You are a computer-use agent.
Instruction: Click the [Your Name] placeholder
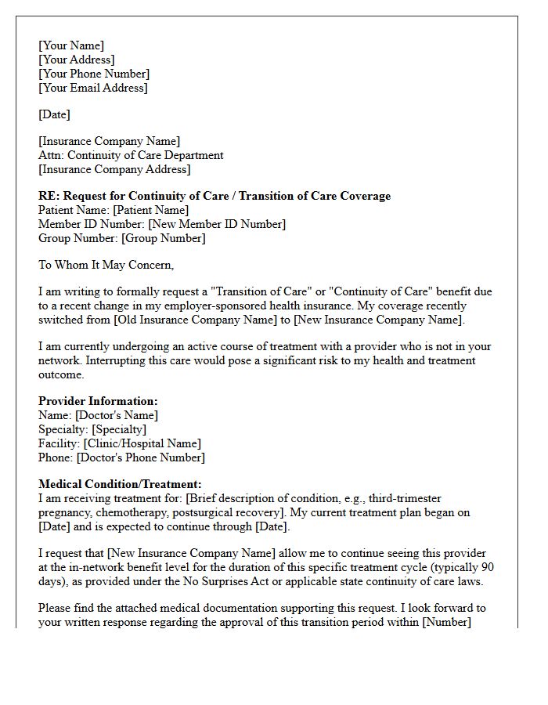tap(71, 45)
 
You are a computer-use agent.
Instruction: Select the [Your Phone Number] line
tap(94, 74)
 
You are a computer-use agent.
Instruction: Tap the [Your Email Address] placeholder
tap(92, 88)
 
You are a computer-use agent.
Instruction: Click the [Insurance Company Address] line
tap(114, 169)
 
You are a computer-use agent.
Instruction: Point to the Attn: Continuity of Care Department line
tap(131, 155)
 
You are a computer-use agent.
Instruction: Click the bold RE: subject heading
tap(215, 196)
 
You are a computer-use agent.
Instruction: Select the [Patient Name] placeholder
tap(151, 210)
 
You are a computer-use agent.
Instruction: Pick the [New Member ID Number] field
tap(217, 224)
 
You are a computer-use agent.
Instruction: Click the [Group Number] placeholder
tap(164, 238)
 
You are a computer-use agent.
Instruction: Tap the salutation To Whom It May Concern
tap(106, 265)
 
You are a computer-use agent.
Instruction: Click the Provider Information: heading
tap(98, 401)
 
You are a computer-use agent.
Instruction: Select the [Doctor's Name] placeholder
tap(117, 415)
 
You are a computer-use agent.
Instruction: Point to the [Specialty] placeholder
tap(119, 429)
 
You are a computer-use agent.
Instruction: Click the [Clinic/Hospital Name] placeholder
tap(142, 443)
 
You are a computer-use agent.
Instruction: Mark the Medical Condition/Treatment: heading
tap(120, 484)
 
